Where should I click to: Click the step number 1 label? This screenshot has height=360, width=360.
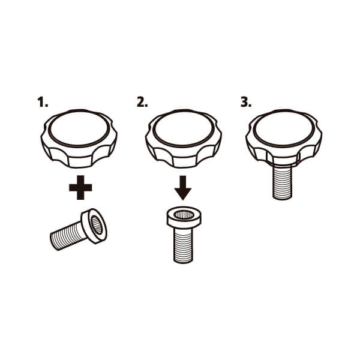[43, 102]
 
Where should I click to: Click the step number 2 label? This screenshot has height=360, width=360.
[142, 102]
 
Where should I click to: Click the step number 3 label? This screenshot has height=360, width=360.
[246, 102]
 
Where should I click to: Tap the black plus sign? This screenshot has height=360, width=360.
[80, 188]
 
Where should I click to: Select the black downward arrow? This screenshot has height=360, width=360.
[183, 188]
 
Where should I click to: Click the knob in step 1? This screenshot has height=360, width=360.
[79, 139]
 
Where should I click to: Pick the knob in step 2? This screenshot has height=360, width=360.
[184, 139]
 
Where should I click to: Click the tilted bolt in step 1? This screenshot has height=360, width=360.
[79, 229]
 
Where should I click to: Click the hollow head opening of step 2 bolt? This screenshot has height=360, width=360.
[184, 215]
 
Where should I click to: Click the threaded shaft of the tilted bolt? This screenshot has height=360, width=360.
[68, 237]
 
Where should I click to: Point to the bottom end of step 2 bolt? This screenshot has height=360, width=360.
[183, 262]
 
